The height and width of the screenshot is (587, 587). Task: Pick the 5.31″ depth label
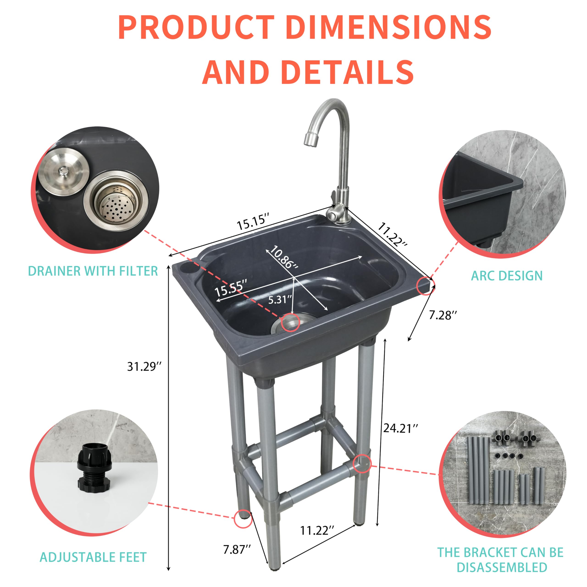pos(280,300)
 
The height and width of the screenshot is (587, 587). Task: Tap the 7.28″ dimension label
pos(443,315)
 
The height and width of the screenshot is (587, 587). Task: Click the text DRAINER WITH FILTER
pos(93,271)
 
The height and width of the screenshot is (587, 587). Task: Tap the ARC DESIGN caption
pos(507,276)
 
